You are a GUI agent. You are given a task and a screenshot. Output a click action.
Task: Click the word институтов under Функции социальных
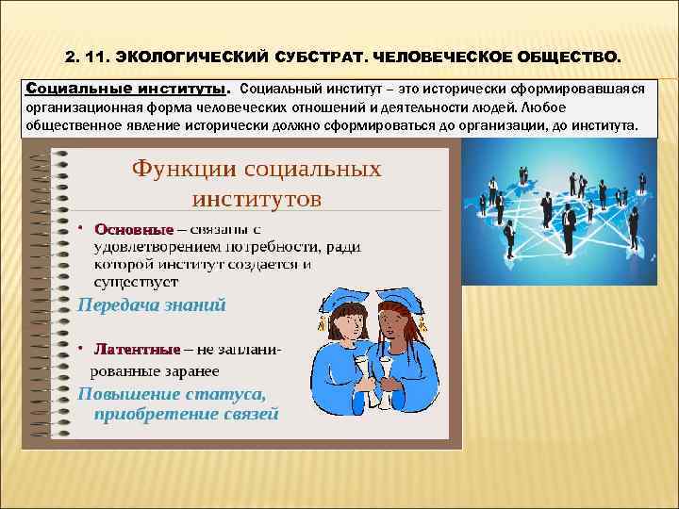(x=257, y=198)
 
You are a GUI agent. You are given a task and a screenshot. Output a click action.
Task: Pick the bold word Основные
(x=133, y=230)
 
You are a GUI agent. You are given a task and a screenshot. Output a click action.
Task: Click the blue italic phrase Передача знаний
(x=152, y=304)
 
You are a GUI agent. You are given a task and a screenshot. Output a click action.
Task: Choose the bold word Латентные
(x=136, y=351)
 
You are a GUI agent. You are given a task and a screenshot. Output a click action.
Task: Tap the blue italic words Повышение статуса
(x=171, y=394)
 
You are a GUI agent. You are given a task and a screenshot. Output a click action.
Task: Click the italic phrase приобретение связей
(x=186, y=413)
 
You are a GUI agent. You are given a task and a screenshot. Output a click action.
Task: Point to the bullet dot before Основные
(x=82, y=229)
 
